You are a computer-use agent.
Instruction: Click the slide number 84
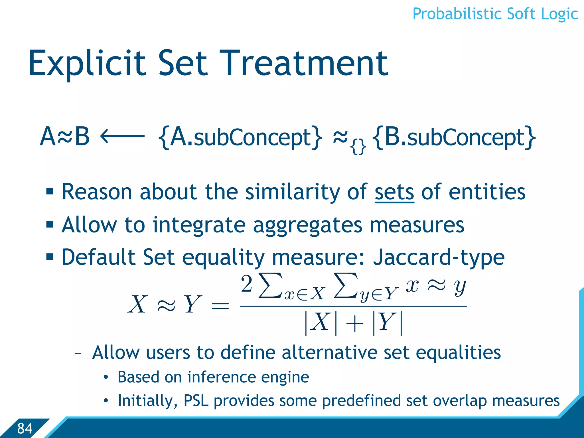(25, 428)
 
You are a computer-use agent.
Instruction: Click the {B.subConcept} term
(454, 137)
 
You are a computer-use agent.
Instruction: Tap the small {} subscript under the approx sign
(358, 147)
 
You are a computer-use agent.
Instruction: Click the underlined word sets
(394, 192)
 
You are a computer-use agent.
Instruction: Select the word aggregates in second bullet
(307, 225)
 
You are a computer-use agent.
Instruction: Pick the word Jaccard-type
(439, 257)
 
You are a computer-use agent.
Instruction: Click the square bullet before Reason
(50, 191)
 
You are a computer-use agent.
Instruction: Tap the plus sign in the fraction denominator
(354, 324)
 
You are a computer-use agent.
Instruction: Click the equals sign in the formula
(220, 306)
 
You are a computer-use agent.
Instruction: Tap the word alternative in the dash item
(329, 353)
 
